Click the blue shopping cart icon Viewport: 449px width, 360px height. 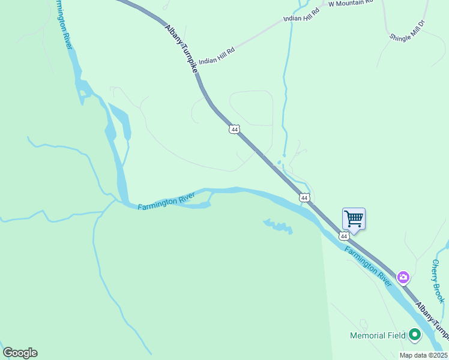click(x=354, y=219)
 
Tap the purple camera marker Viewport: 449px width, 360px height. click(x=403, y=277)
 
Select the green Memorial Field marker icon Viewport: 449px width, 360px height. click(x=414, y=335)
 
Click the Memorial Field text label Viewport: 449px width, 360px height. click(x=378, y=335)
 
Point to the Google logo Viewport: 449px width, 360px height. click(x=20, y=353)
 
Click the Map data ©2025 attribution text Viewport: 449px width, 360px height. click(x=423, y=355)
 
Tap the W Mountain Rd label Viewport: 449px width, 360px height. click(x=351, y=3)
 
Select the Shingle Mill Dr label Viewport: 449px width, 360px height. click(x=407, y=30)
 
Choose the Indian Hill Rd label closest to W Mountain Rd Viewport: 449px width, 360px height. click(x=301, y=14)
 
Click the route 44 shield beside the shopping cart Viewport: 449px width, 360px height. click(x=344, y=236)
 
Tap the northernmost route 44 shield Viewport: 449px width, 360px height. click(x=235, y=129)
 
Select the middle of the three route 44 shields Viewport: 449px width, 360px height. click(x=304, y=197)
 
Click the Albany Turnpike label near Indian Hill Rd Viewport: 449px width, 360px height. click(x=181, y=49)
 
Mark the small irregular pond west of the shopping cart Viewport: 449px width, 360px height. click(x=279, y=226)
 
